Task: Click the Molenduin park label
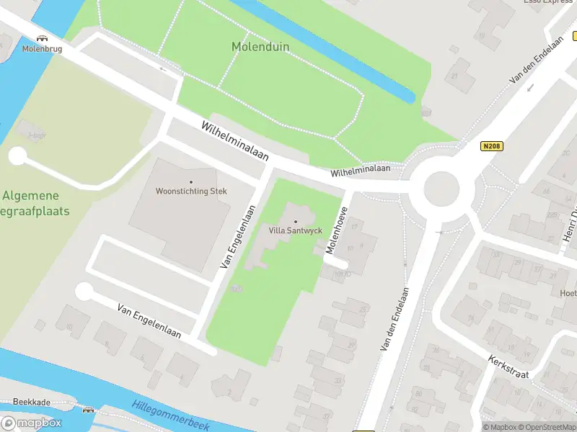click(x=260, y=47)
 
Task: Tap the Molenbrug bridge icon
click(x=43, y=37)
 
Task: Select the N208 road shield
click(x=492, y=146)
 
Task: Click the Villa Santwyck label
click(x=295, y=230)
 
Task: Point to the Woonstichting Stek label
click(x=191, y=192)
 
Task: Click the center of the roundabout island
click(x=441, y=189)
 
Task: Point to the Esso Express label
click(x=549, y=2)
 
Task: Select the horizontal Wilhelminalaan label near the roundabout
click(x=360, y=171)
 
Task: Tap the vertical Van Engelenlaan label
click(x=239, y=238)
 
